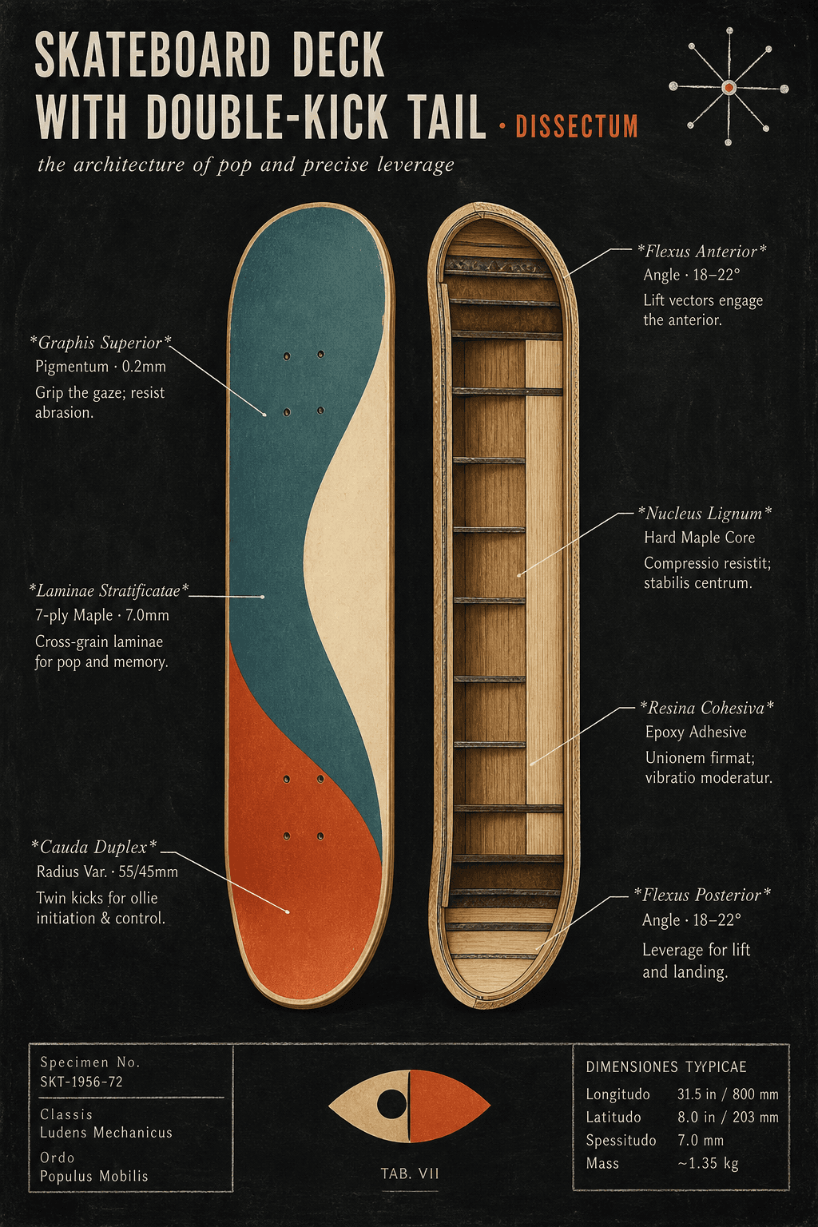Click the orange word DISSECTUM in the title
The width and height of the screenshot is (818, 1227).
pos(577,126)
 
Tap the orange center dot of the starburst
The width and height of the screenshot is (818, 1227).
pos(729,87)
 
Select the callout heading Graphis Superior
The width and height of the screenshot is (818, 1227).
pos(101,343)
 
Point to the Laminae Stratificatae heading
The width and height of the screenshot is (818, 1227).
pos(109,591)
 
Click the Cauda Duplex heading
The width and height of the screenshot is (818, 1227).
pos(94,848)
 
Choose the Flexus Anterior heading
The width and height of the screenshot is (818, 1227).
pos(702,252)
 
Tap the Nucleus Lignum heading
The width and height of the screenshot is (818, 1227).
pos(705,514)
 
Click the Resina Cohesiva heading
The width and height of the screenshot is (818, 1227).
pos(707,708)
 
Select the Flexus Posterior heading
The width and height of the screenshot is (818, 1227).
pos(702,895)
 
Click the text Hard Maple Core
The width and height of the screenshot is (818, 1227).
pos(700,538)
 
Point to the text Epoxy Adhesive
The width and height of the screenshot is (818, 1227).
pos(696,733)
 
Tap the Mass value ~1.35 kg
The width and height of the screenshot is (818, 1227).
pos(708,1163)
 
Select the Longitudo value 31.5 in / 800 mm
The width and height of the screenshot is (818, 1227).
pos(728,1094)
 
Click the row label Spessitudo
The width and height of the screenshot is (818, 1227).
pos(621,1141)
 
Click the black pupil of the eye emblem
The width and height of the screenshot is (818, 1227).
pos(391,1104)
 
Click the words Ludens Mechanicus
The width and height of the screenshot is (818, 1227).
pos(105,1133)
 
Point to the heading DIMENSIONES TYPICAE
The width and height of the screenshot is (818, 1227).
pos(666,1067)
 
